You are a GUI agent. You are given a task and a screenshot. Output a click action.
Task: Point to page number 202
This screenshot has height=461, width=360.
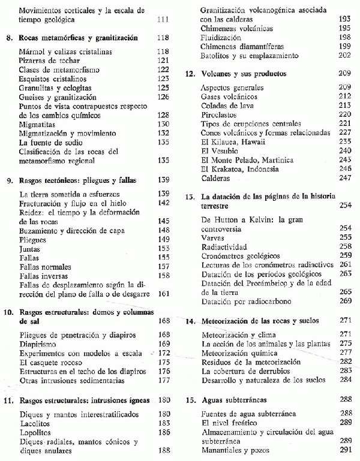pyautogui.click(x=344, y=56)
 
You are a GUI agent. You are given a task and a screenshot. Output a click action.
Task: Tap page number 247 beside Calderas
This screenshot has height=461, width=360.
pyautogui.click(x=344, y=179)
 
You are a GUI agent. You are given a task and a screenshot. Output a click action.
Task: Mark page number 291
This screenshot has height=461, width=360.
pyautogui.click(x=344, y=450)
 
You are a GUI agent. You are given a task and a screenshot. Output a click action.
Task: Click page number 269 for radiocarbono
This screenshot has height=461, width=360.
pyautogui.click(x=344, y=300)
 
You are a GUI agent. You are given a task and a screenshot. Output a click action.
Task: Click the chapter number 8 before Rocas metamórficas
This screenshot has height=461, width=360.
pyautogui.click(x=8, y=38)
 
